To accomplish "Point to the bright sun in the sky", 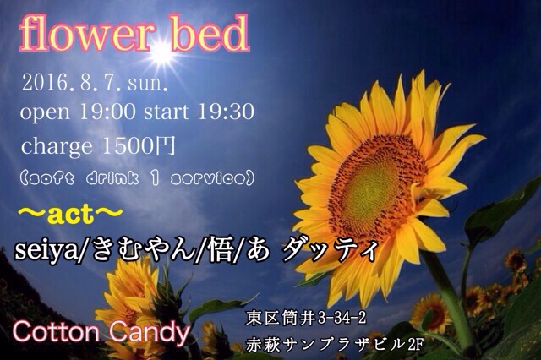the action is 163,52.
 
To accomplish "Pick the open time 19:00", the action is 107,112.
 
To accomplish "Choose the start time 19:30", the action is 226,112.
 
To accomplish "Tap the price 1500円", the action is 139,146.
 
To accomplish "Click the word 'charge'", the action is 57,148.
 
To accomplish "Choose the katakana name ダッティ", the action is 330,252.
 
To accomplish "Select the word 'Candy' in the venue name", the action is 149,333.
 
